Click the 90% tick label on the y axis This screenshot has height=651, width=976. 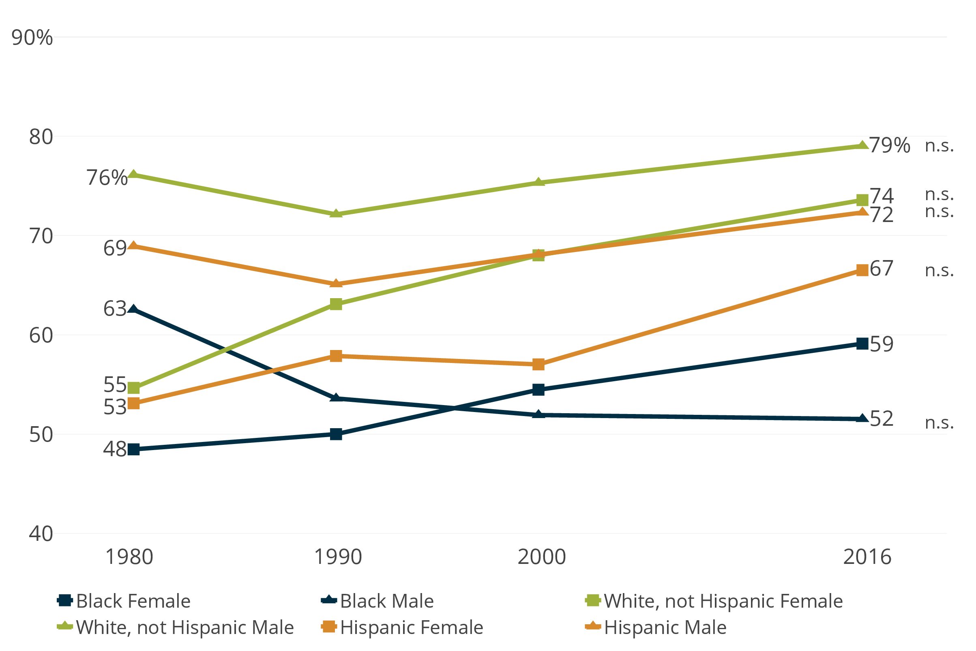pos(32,38)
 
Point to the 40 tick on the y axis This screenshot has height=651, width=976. pos(41,534)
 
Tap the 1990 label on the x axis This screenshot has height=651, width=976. pos(337,557)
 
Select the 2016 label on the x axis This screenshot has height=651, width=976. pos(867,557)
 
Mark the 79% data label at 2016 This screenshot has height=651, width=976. pos(890,145)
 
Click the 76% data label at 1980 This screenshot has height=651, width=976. pos(107,178)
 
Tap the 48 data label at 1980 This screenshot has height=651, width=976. pos(115,449)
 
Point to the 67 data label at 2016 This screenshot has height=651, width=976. pos(881,269)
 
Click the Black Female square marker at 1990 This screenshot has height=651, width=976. pos(336,434)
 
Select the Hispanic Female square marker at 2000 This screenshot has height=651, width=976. pos(538,365)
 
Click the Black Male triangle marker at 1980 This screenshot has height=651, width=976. pos(133,309)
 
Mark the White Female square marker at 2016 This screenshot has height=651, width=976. pos(862,200)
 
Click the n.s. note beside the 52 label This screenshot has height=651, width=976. pos(939,423)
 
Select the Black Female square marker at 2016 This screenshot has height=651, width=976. pos(862,344)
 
